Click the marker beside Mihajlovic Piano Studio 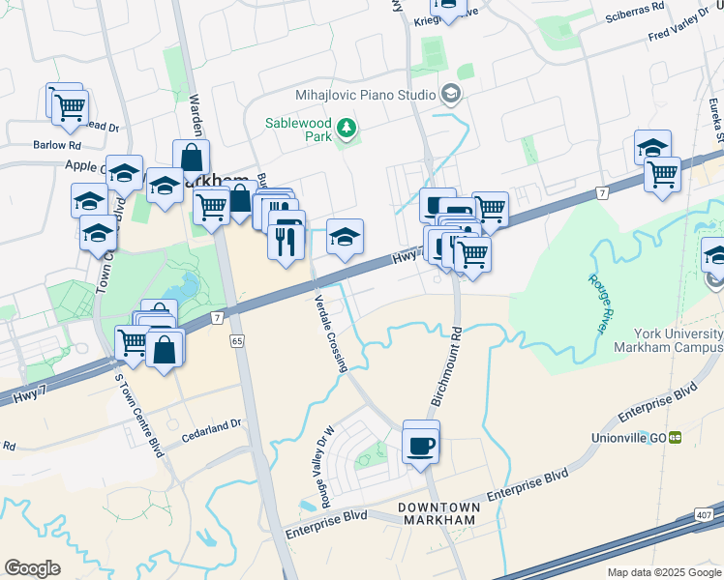point(450,94)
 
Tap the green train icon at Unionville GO point(675,437)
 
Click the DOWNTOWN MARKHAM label point(437,513)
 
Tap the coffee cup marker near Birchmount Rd point(421,446)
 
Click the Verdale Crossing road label point(330,333)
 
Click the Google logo point(32,567)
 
